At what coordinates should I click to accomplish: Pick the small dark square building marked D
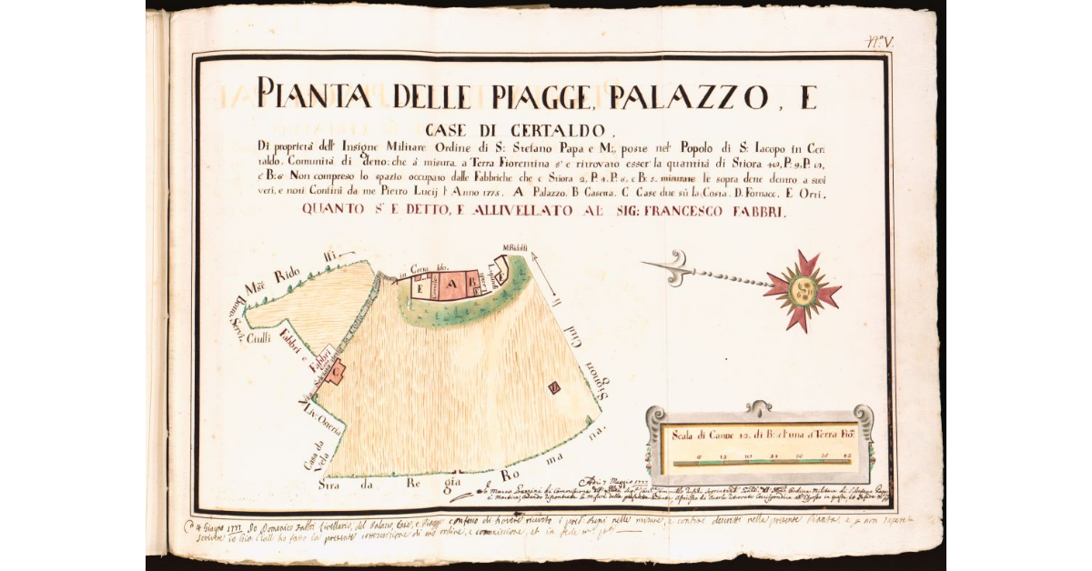click(x=552, y=388)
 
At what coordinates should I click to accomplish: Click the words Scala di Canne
click(x=708, y=435)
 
